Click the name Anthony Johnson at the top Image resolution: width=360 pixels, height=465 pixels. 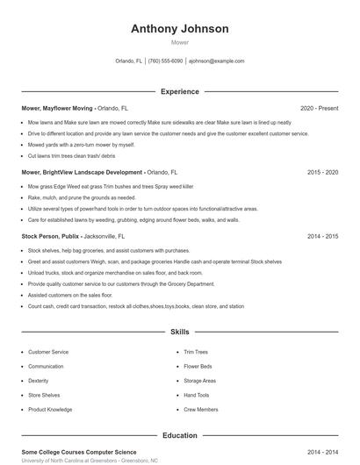click(179, 28)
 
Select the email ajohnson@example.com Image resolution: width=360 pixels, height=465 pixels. click(216, 61)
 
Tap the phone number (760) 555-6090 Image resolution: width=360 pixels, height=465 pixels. click(165, 61)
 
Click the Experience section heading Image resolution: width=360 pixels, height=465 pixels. click(179, 91)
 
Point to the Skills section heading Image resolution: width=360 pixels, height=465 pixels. click(179, 333)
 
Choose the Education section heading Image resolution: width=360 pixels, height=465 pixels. click(179, 435)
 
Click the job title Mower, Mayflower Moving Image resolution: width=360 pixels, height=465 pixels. click(56, 108)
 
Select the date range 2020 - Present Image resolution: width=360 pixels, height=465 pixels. click(319, 108)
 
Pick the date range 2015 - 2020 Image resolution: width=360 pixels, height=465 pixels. click(322, 173)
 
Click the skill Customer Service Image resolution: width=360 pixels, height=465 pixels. click(48, 352)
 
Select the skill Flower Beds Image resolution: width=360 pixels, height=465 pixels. click(198, 366)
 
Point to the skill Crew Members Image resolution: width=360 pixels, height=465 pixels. click(200, 410)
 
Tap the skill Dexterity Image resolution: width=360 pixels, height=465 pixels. click(39, 381)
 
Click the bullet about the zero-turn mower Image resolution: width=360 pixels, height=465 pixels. click(82, 145)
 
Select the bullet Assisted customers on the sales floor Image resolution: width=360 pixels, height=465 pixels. click(70, 296)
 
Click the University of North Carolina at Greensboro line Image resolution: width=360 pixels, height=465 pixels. click(90, 461)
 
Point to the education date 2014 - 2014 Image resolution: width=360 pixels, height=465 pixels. click(322, 452)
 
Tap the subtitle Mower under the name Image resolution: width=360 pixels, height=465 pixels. click(179, 41)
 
